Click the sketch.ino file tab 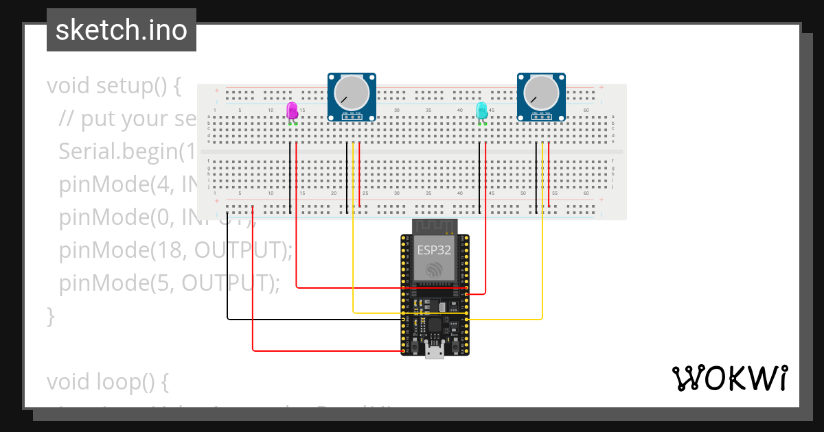(x=122, y=30)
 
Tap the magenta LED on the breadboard (x=292, y=110)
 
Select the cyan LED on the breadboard (x=482, y=110)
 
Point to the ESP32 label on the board (x=434, y=250)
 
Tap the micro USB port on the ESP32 (x=434, y=352)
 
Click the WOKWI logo (x=729, y=378)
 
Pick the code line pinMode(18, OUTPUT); (x=175, y=251)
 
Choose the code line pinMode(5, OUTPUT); (x=169, y=283)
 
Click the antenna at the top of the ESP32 (x=434, y=226)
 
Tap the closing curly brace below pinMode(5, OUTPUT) (x=50, y=315)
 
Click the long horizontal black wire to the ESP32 (x=309, y=320)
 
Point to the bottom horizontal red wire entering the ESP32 (x=323, y=351)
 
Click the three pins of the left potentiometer (x=352, y=116)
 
